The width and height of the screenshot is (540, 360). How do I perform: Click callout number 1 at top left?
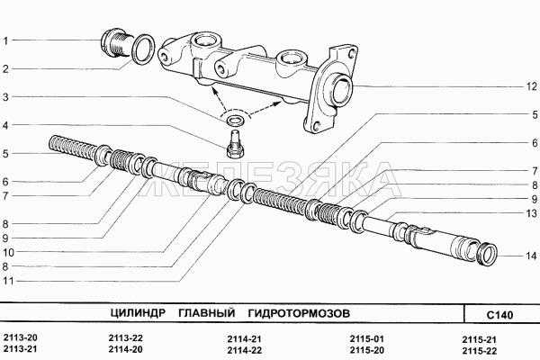[5, 40]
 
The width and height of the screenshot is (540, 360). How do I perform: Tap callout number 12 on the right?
[531, 86]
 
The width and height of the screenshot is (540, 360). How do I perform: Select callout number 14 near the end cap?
[531, 256]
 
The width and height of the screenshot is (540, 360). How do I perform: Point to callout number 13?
[532, 213]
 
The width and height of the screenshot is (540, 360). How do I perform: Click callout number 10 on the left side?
[8, 252]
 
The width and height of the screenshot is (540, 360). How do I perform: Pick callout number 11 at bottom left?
[8, 281]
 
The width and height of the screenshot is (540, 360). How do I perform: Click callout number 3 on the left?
[5, 97]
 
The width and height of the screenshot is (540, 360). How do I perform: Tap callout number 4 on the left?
[5, 125]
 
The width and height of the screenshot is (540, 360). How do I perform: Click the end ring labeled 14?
[487, 255]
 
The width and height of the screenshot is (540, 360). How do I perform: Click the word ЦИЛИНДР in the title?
[138, 313]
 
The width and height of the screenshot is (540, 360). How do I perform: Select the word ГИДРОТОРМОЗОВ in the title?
[299, 313]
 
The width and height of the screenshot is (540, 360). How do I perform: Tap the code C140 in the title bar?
[499, 314]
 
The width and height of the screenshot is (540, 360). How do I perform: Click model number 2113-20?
[20, 337]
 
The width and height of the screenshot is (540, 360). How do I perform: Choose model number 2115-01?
[367, 339]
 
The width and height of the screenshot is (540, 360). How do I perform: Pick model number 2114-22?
[244, 350]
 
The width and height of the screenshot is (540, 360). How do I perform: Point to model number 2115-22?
[480, 351]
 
